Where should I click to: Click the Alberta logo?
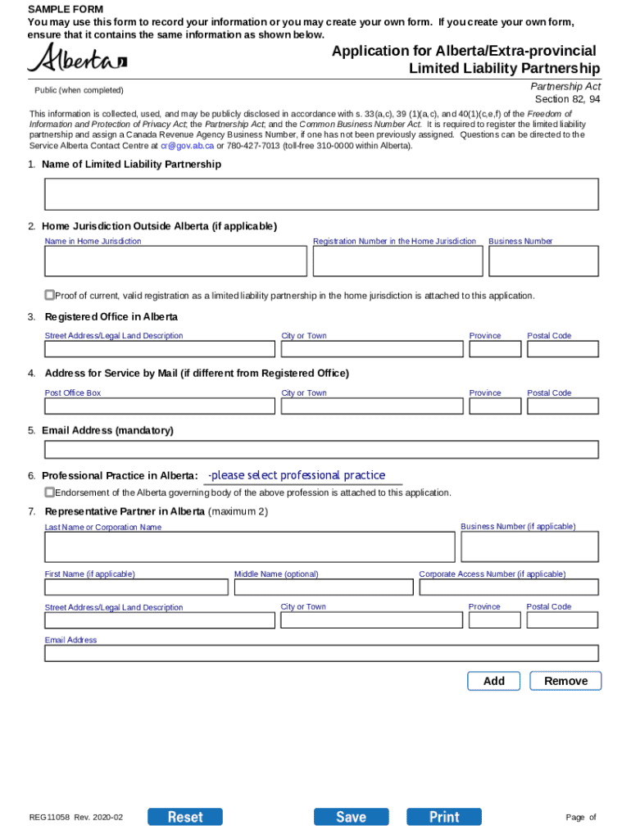point(77,58)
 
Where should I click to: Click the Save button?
point(351,816)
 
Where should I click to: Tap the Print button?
point(444,816)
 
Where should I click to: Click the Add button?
point(493,681)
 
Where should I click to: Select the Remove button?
point(565,681)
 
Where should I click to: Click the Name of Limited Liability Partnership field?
point(321,195)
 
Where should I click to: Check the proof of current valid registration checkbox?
point(50,295)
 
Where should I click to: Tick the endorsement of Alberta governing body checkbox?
point(50,492)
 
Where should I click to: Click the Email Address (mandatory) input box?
point(321,450)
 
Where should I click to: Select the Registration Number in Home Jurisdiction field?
point(397,261)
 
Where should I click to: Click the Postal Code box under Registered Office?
point(562,349)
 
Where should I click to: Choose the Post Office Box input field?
point(160,406)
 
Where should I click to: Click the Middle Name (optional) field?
point(324,587)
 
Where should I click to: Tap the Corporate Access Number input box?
point(508,587)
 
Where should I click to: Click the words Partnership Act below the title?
point(565,86)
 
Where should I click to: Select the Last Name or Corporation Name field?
point(249,547)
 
